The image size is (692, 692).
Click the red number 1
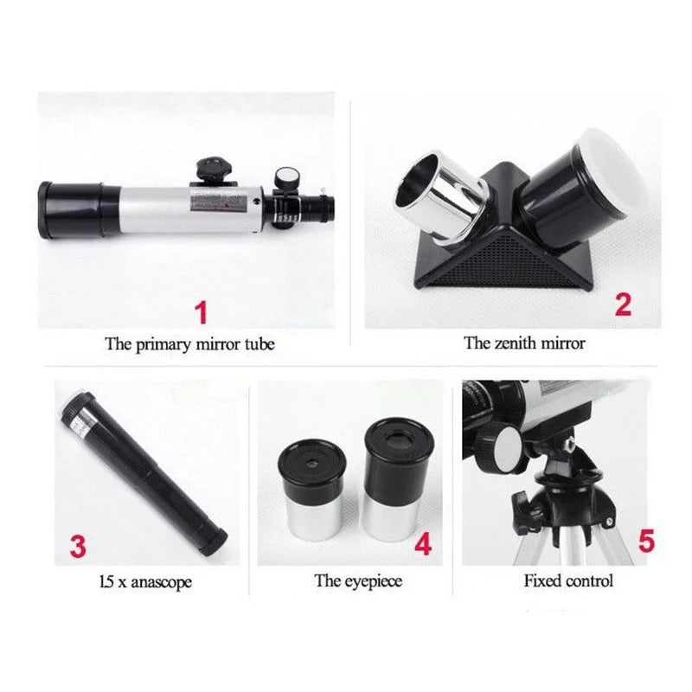(202, 312)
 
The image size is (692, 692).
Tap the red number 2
(623, 304)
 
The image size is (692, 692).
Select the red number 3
(78, 547)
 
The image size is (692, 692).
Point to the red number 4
(423, 544)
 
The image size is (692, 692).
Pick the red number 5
(646, 541)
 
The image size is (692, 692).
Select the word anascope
(161, 582)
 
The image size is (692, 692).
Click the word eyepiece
(374, 581)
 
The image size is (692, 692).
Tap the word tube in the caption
(259, 343)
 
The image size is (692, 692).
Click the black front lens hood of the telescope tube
(79, 209)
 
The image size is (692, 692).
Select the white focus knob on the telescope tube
(286, 178)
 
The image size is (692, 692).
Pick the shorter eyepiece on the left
(312, 490)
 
